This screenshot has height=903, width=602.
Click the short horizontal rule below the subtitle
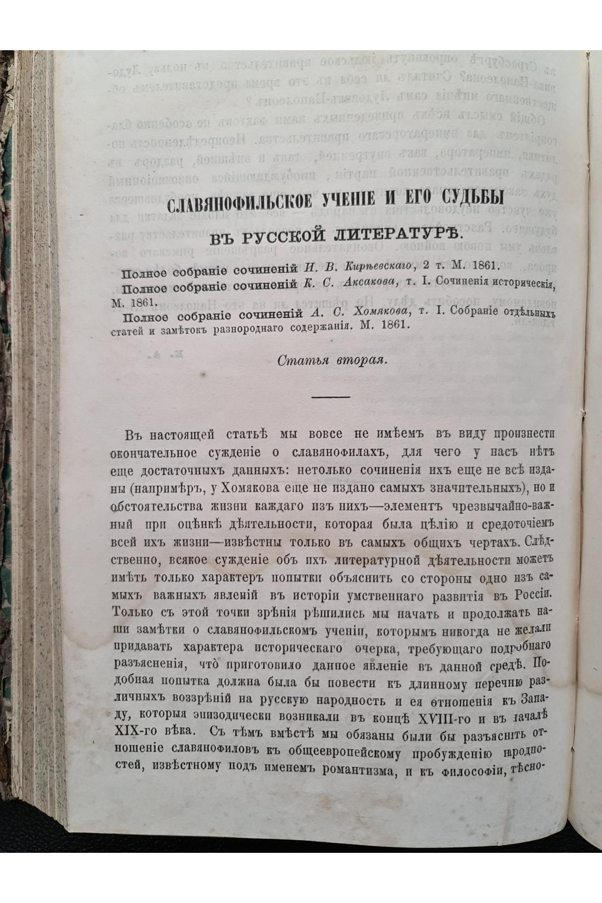point(331,397)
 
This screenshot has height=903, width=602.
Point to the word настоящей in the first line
point(174,433)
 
